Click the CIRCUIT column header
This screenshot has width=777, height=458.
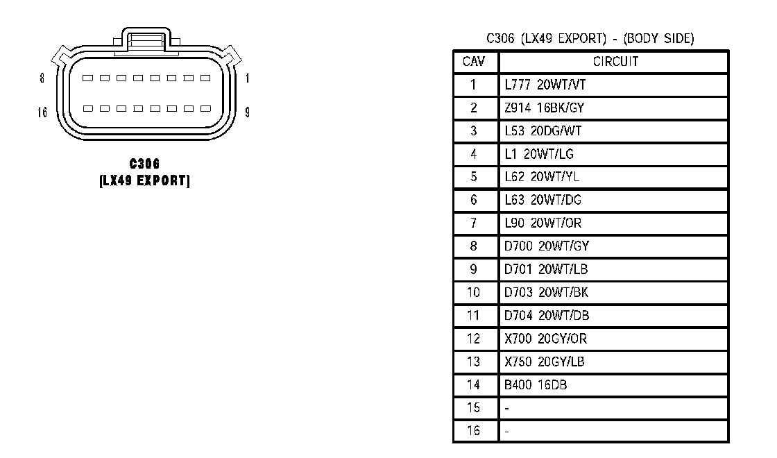pos(615,62)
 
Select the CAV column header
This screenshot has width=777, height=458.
pos(475,62)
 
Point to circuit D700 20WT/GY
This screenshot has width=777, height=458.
pos(547,246)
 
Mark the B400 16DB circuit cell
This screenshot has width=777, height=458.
pos(536,384)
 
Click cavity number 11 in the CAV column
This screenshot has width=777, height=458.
pos(473,316)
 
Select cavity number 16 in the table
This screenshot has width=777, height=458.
pos(473,431)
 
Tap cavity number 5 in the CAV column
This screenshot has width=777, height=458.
pos(473,177)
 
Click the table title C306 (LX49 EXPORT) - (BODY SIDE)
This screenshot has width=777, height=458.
pos(590,39)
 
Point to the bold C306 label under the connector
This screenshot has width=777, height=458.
pos(144,164)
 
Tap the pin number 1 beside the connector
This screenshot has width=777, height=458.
pos(248,78)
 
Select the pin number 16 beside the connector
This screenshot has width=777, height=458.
pos(42,111)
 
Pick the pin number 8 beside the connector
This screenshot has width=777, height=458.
pos(42,78)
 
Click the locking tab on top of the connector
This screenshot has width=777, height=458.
pos(145,40)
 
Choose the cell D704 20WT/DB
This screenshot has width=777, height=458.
pos(547,316)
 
